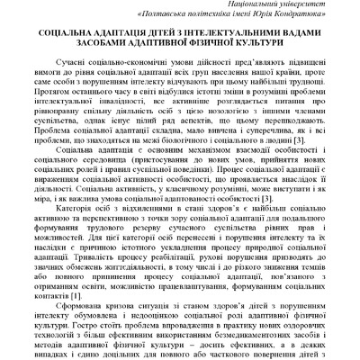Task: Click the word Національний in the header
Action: click(241, 4)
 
